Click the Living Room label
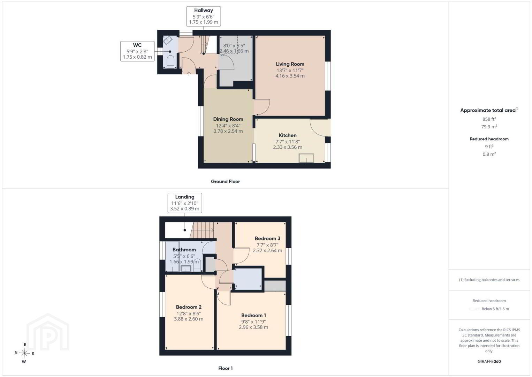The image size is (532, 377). pos(290,64)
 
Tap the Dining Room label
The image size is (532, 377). pos(228,119)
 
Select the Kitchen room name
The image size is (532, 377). pos(287,135)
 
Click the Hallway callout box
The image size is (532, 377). pos(204,16)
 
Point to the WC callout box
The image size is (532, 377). pos(137,51)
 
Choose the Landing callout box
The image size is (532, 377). pos(185,203)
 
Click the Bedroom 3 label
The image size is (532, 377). pos(267,238)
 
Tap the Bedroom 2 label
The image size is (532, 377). pos(189,307)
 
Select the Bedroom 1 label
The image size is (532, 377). pos(253,316)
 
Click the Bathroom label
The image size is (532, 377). pos(184,250)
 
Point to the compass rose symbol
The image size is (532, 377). pos(24,353)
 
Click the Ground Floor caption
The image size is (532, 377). pos(226,182)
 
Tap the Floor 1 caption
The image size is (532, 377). pos(226,368)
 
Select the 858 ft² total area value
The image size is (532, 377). pos(489,119)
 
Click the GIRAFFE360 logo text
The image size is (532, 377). pos(489,361)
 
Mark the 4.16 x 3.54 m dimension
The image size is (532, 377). pos(290,76)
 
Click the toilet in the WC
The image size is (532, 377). pos(170,61)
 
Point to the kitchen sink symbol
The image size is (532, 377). pos(306,158)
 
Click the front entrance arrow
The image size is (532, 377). pos(189,74)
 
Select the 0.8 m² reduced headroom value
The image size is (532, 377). pos(489,154)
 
